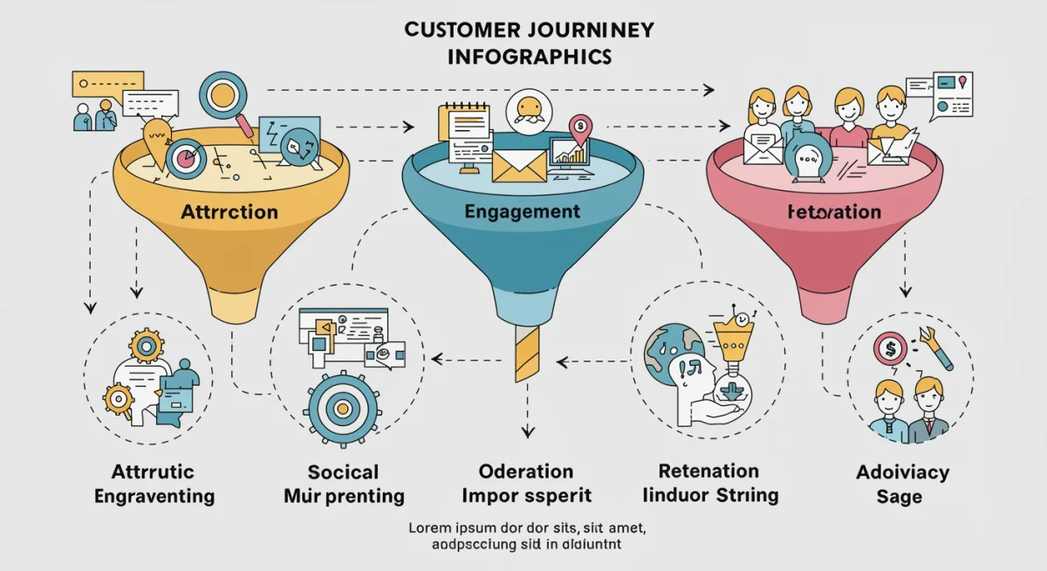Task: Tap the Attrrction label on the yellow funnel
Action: coord(229,212)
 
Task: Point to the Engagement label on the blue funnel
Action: coord(522,212)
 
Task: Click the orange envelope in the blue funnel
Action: coord(519,165)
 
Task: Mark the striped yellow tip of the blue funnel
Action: coord(527,353)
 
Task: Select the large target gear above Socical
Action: coord(345,407)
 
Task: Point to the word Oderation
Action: coord(526,471)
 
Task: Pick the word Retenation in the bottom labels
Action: coord(709,471)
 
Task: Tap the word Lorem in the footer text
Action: coord(433,528)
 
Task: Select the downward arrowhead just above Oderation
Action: coord(526,431)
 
